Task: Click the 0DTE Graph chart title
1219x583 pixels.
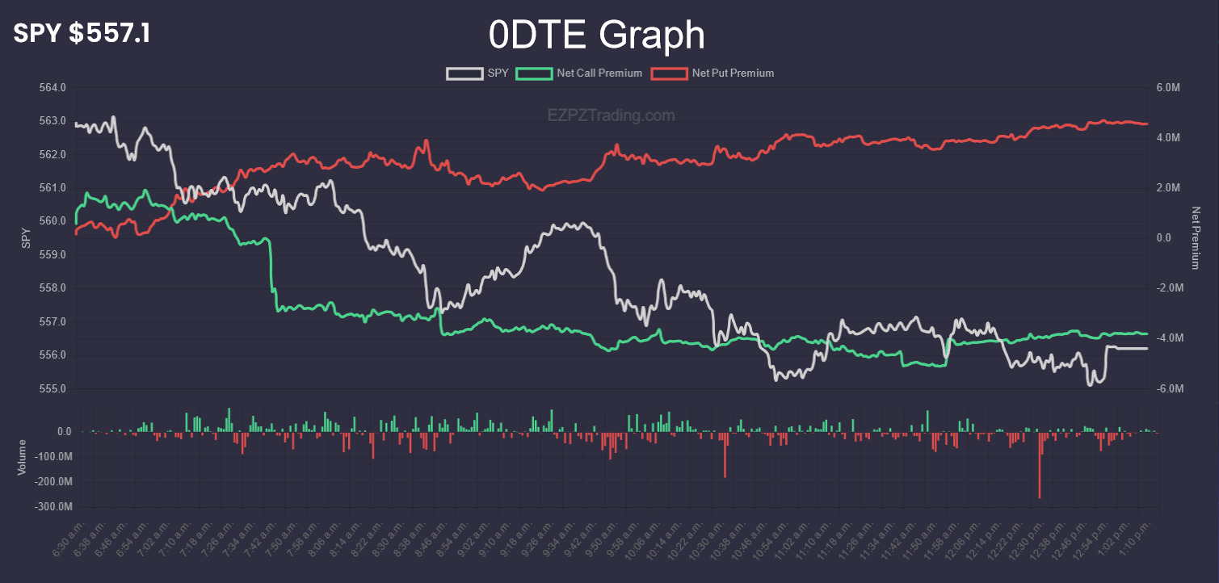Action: coord(596,36)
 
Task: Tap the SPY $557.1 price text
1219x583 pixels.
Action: coord(82,33)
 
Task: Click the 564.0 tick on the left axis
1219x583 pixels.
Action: coord(53,87)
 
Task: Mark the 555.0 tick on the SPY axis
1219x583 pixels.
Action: coord(53,389)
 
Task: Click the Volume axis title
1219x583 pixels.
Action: coord(22,457)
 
